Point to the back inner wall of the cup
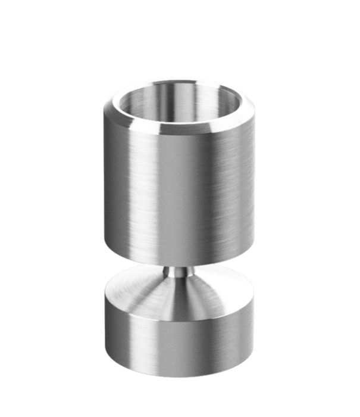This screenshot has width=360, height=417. coord(179,95)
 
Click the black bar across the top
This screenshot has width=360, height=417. coord(179,14)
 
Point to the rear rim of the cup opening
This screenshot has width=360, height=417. coord(179,82)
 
